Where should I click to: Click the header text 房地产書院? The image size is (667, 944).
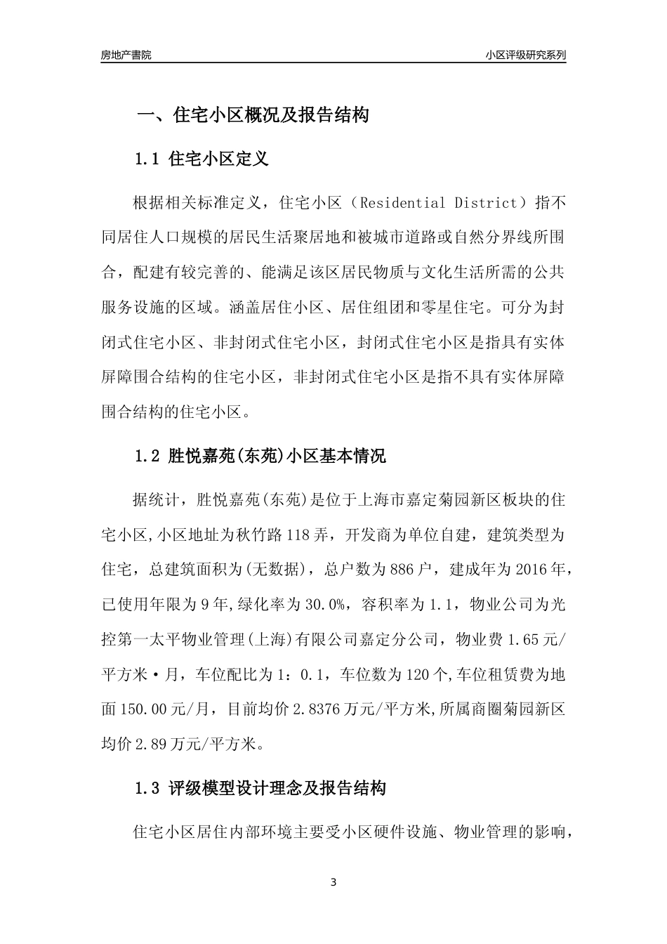tap(126, 55)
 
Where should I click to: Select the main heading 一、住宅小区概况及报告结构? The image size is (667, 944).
tap(253, 116)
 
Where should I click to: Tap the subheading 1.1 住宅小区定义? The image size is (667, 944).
tap(202, 159)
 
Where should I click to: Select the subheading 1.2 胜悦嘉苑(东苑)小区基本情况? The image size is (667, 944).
tap(260, 456)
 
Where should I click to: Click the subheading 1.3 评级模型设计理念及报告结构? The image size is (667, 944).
tap(260, 788)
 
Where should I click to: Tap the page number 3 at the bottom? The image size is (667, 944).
tap(333, 882)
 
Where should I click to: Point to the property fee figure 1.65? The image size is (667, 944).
tap(524, 640)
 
